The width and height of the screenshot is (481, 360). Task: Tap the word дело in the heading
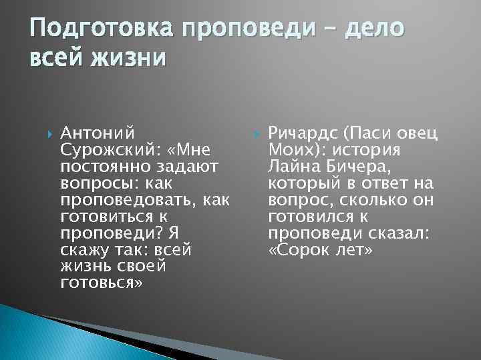[x=365, y=29]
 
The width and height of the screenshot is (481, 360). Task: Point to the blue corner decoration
[x=40, y=337]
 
